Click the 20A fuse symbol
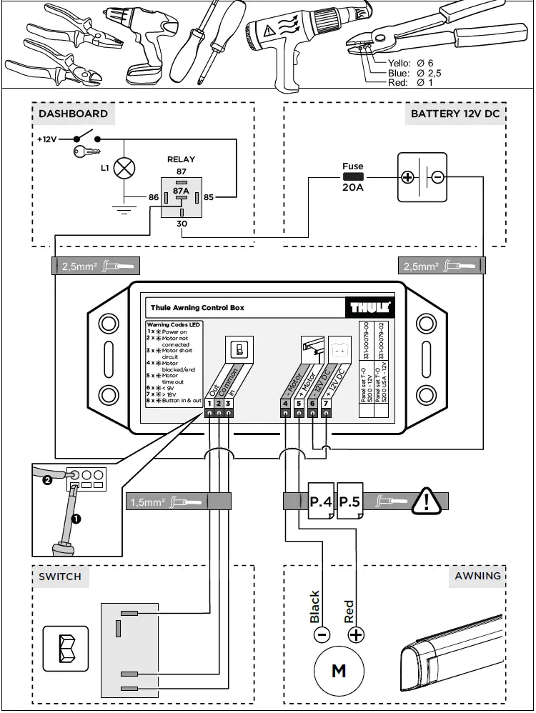353,176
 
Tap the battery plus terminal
407,177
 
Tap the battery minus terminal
437,177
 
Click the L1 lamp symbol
125,169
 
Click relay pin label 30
181,224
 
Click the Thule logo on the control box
369,307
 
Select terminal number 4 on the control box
285,404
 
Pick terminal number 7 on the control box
326,404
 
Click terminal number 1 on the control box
209,404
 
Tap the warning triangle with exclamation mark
427,502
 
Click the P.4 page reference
321,502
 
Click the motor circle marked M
339,671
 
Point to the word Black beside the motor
315,607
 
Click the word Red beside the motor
349,612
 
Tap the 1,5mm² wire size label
148,502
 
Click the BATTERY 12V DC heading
455,114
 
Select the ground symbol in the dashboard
125,209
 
